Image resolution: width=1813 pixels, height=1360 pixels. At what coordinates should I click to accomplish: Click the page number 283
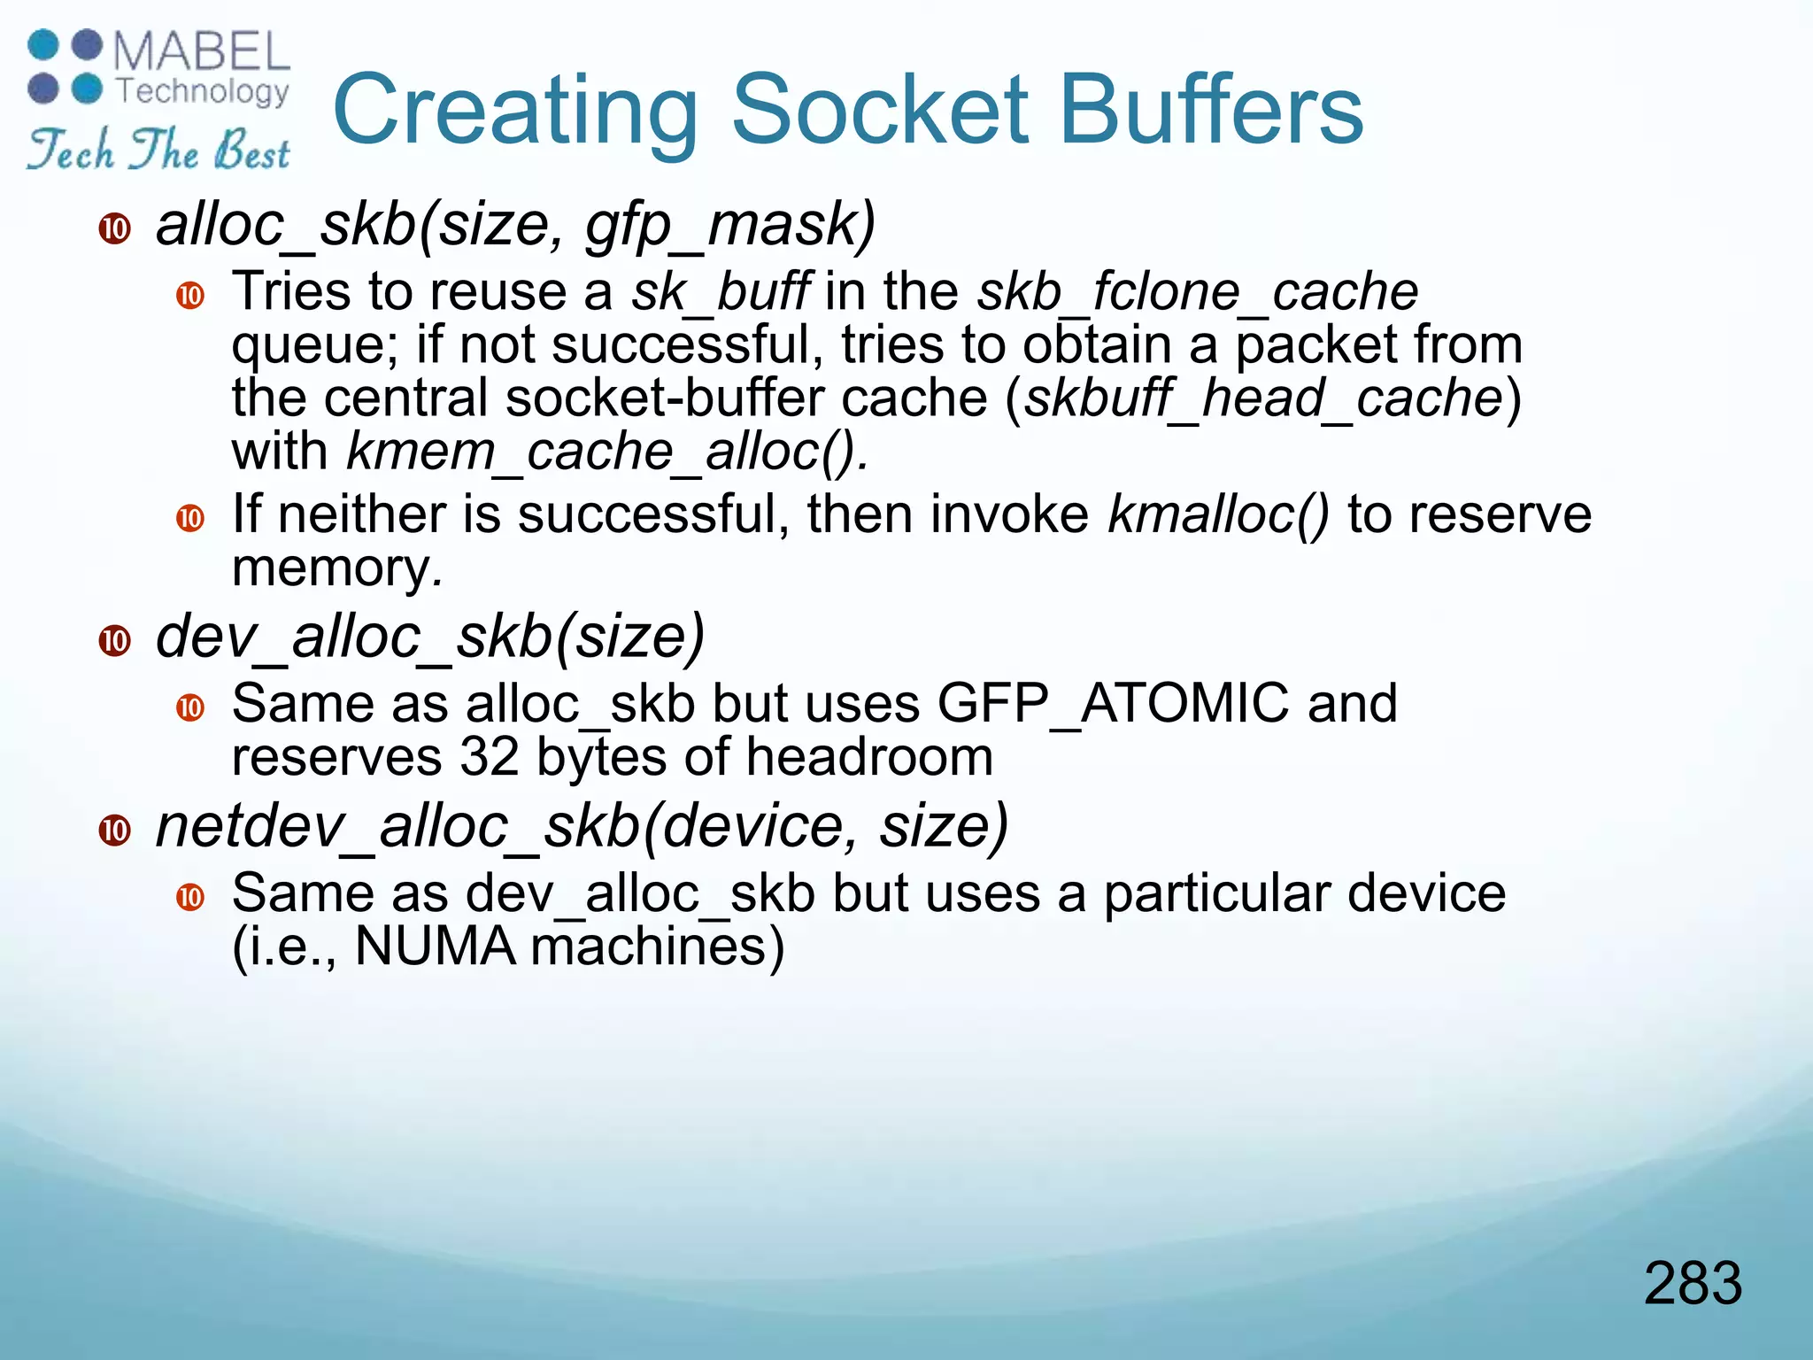coord(1693,1283)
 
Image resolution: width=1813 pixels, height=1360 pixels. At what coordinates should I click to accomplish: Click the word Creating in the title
coord(515,111)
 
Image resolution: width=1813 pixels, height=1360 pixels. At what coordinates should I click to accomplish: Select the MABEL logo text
coord(202,52)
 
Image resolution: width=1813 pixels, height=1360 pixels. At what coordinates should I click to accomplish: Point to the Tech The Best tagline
coord(158,149)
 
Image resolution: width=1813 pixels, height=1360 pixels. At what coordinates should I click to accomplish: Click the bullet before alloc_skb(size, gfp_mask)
coord(115,228)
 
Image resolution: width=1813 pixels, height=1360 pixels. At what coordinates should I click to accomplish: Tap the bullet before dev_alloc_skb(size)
coord(115,640)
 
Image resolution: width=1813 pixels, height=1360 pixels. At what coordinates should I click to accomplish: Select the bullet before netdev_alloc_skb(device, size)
coord(115,830)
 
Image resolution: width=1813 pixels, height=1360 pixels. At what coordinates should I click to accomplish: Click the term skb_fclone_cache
coord(1197,292)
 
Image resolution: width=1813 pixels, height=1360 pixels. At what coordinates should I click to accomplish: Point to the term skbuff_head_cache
coord(1263,398)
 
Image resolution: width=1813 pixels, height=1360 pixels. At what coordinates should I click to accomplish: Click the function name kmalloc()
coord(1218,514)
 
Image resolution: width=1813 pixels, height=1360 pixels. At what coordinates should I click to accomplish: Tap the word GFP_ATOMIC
coord(1113,704)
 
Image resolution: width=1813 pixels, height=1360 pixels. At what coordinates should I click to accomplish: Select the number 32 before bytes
coord(490,758)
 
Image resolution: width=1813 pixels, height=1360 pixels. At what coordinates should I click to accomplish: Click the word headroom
coord(869,758)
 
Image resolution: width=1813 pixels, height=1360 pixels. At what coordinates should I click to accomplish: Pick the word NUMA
coord(435,947)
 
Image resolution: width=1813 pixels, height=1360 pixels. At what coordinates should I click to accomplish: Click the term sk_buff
coord(720,292)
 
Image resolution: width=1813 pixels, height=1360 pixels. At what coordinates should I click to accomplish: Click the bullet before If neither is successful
coord(190,517)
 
